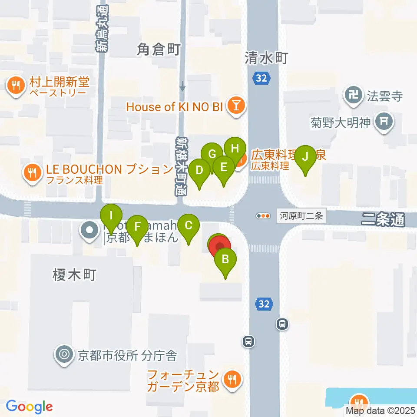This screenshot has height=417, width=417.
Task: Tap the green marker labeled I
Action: point(112,216)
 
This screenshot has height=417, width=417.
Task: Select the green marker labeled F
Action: point(137,227)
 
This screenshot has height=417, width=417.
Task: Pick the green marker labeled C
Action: point(189,226)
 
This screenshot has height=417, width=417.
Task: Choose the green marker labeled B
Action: point(225,260)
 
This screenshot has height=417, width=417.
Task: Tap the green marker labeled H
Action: point(235,149)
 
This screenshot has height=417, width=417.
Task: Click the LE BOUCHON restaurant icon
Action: point(32,173)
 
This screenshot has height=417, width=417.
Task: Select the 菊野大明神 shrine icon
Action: point(384,122)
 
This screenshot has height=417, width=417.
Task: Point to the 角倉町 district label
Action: point(159,50)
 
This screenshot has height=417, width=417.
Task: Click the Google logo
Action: point(29,407)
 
